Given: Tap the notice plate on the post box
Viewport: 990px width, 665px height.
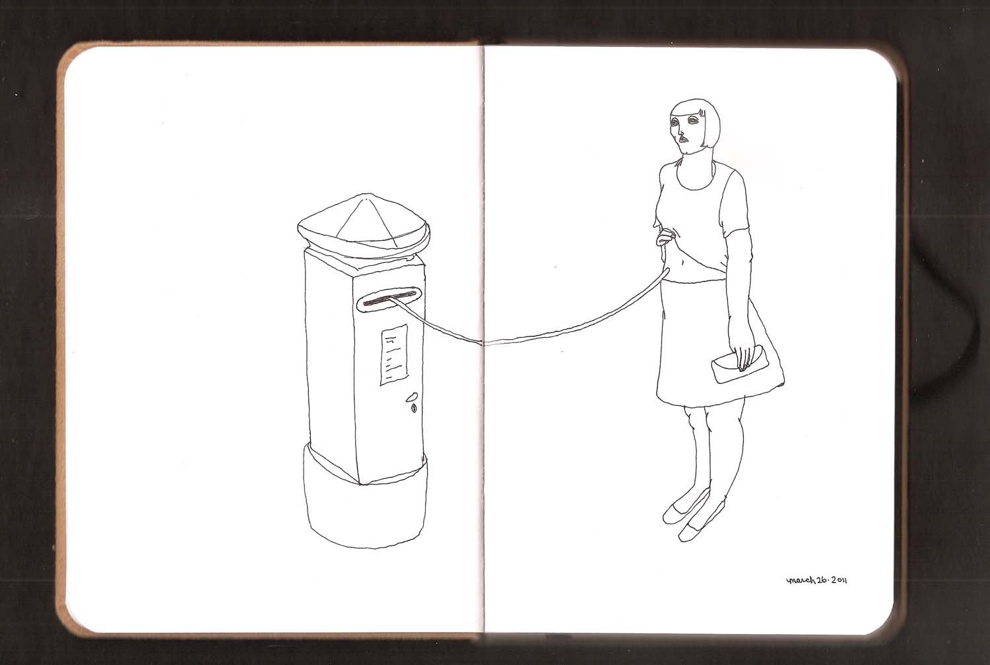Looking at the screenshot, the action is click(394, 354).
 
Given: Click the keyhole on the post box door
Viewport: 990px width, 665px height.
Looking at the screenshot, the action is click(414, 408).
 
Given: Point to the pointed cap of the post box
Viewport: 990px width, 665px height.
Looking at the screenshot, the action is click(363, 226).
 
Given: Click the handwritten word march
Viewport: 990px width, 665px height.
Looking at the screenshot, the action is click(800, 580).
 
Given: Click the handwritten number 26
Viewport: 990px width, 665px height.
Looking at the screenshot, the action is click(821, 580).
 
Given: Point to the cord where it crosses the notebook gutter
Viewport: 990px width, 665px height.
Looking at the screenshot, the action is click(484, 342).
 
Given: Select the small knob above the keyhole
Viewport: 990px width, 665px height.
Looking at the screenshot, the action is click(412, 396).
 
